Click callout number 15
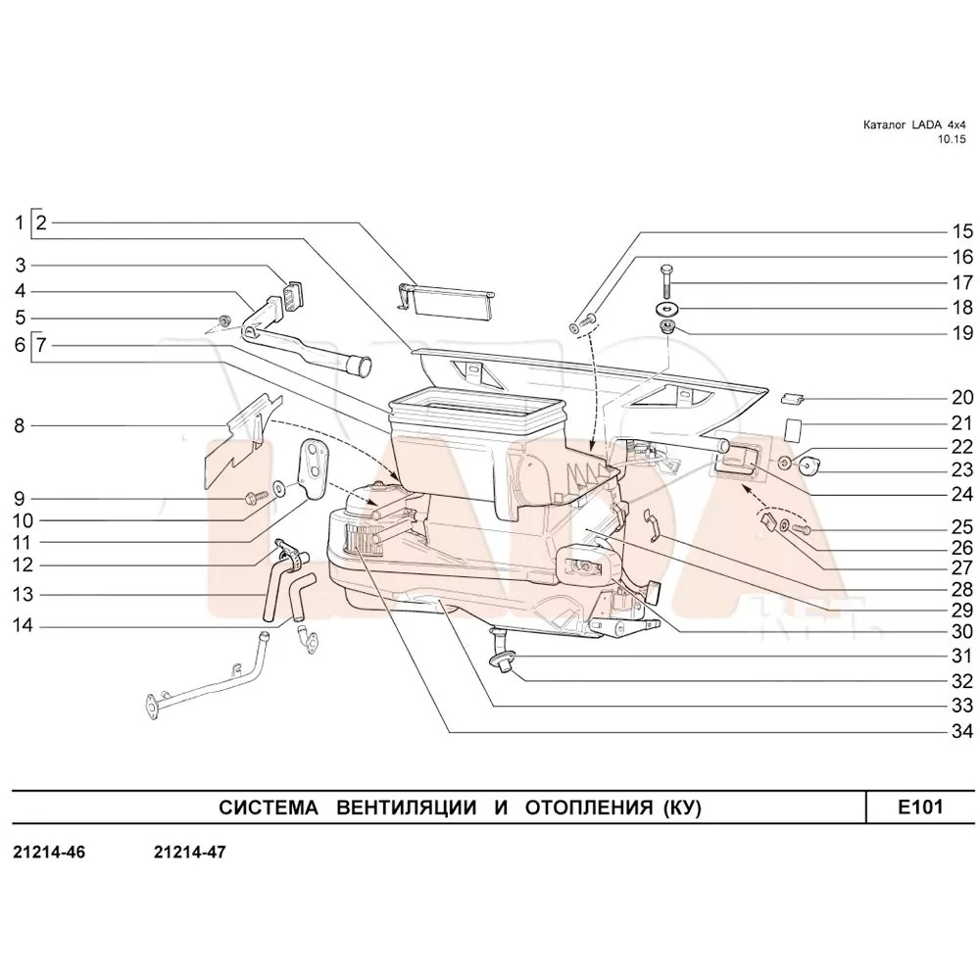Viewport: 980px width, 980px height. pyautogui.click(x=962, y=232)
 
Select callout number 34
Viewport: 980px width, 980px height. pyautogui.click(x=962, y=731)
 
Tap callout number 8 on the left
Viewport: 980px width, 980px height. pyautogui.click(x=19, y=426)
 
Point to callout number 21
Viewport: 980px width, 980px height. pyautogui.click(x=962, y=424)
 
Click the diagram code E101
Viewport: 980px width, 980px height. pyautogui.click(x=919, y=808)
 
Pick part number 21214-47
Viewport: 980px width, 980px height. pyautogui.click(x=190, y=853)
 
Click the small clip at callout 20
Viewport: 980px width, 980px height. pyautogui.click(x=794, y=398)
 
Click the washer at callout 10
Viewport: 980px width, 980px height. pyautogui.click(x=280, y=487)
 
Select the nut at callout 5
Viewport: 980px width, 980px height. pyautogui.click(x=224, y=320)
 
